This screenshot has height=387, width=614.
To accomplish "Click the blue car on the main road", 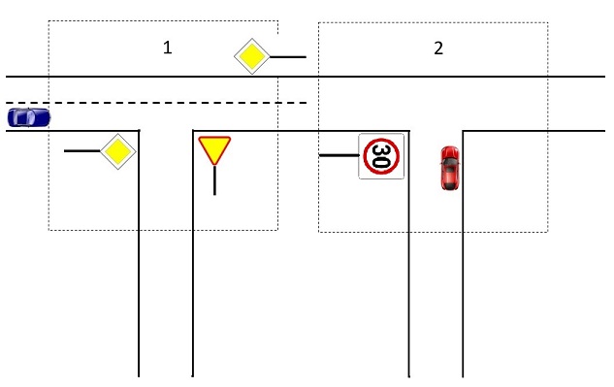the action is click(x=29, y=117).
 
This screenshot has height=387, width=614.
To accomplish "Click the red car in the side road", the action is click(x=450, y=168).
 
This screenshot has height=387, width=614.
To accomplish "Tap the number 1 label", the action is click(x=167, y=48).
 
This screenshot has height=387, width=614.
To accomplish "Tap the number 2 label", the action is click(x=438, y=48).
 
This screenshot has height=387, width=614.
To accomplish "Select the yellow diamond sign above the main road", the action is click(x=252, y=56).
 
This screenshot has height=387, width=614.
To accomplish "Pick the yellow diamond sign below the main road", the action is click(x=118, y=151).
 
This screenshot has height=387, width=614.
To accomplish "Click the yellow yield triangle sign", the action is click(x=214, y=149).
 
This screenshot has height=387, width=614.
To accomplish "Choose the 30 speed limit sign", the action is click(x=381, y=156).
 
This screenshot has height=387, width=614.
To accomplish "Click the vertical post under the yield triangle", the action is click(x=214, y=180).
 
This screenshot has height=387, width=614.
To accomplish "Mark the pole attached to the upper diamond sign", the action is click(x=288, y=57).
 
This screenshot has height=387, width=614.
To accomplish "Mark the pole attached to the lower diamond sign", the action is click(x=82, y=150).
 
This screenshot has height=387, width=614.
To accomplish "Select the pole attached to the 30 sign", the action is click(x=339, y=155).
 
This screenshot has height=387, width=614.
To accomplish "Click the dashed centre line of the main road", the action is click(x=156, y=103).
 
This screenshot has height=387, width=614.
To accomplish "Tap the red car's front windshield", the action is click(x=450, y=162).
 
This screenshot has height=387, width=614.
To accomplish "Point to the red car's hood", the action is click(x=450, y=153).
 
